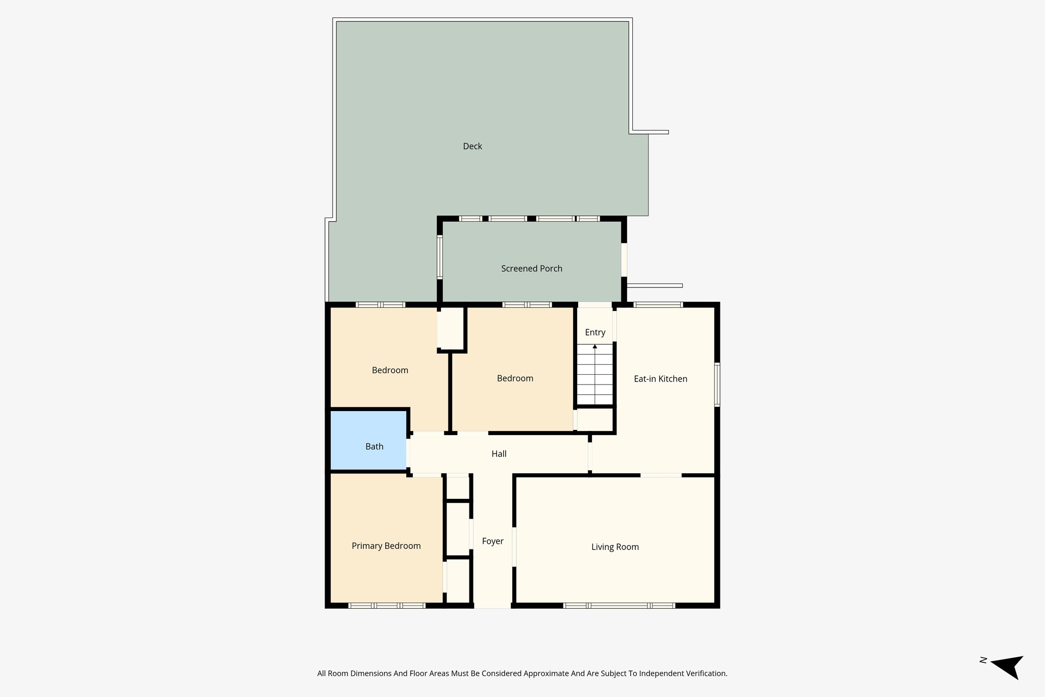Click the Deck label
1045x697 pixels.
tap(472, 147)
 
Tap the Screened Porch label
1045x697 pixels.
tap(531, 269)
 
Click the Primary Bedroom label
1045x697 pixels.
tap(386, 546)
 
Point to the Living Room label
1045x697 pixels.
tap(614, 547)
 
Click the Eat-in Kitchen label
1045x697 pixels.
tap(660, 379)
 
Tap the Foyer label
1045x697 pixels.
tap(492, 541)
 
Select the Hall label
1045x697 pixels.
tap(499, 454)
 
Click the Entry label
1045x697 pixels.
tap(595, 332)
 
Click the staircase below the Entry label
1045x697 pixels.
tap(594, 378)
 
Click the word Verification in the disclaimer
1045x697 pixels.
tap(706, 674)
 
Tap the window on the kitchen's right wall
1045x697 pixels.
tap(717, 384)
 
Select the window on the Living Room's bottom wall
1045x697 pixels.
tap(619, 606)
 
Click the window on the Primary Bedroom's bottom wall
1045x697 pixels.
tap(387, 606)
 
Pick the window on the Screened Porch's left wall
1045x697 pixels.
tap(439, 257)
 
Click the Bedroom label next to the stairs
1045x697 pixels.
tap(514, 378)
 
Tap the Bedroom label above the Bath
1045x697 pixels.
tap(390, 370)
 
